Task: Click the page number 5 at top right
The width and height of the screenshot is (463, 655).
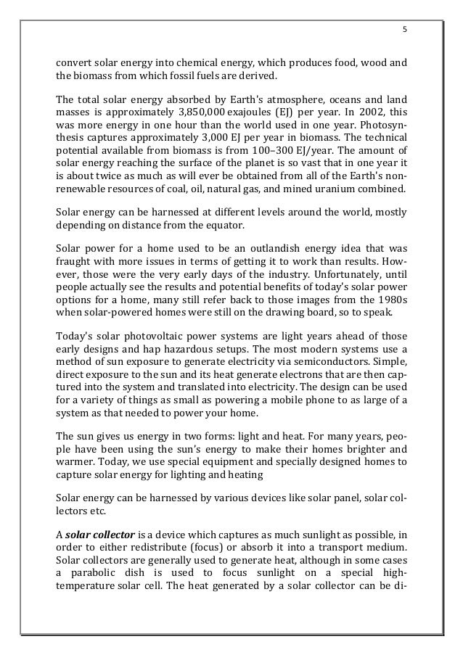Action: pos(405,30)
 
